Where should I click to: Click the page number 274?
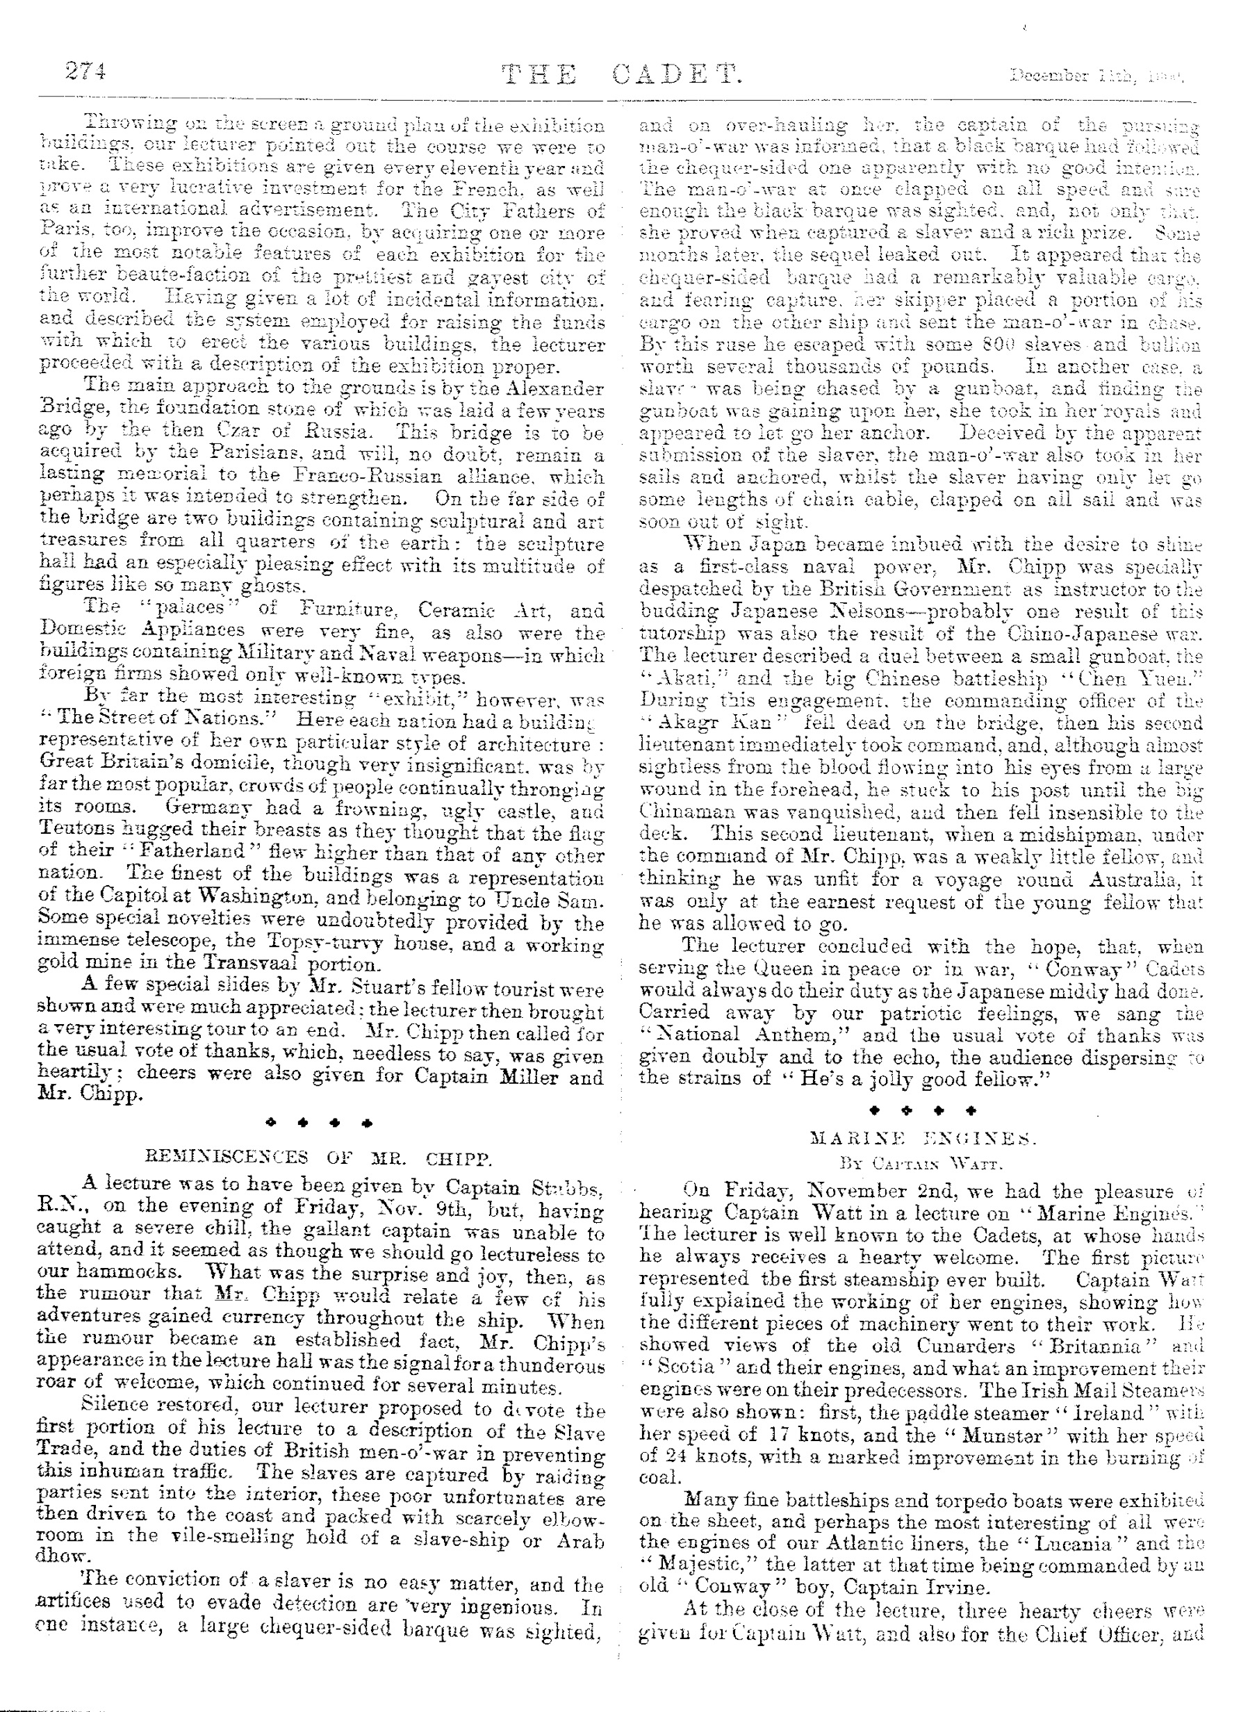[x=85, y=72]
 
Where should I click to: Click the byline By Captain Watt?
[x=921, y=1163]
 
